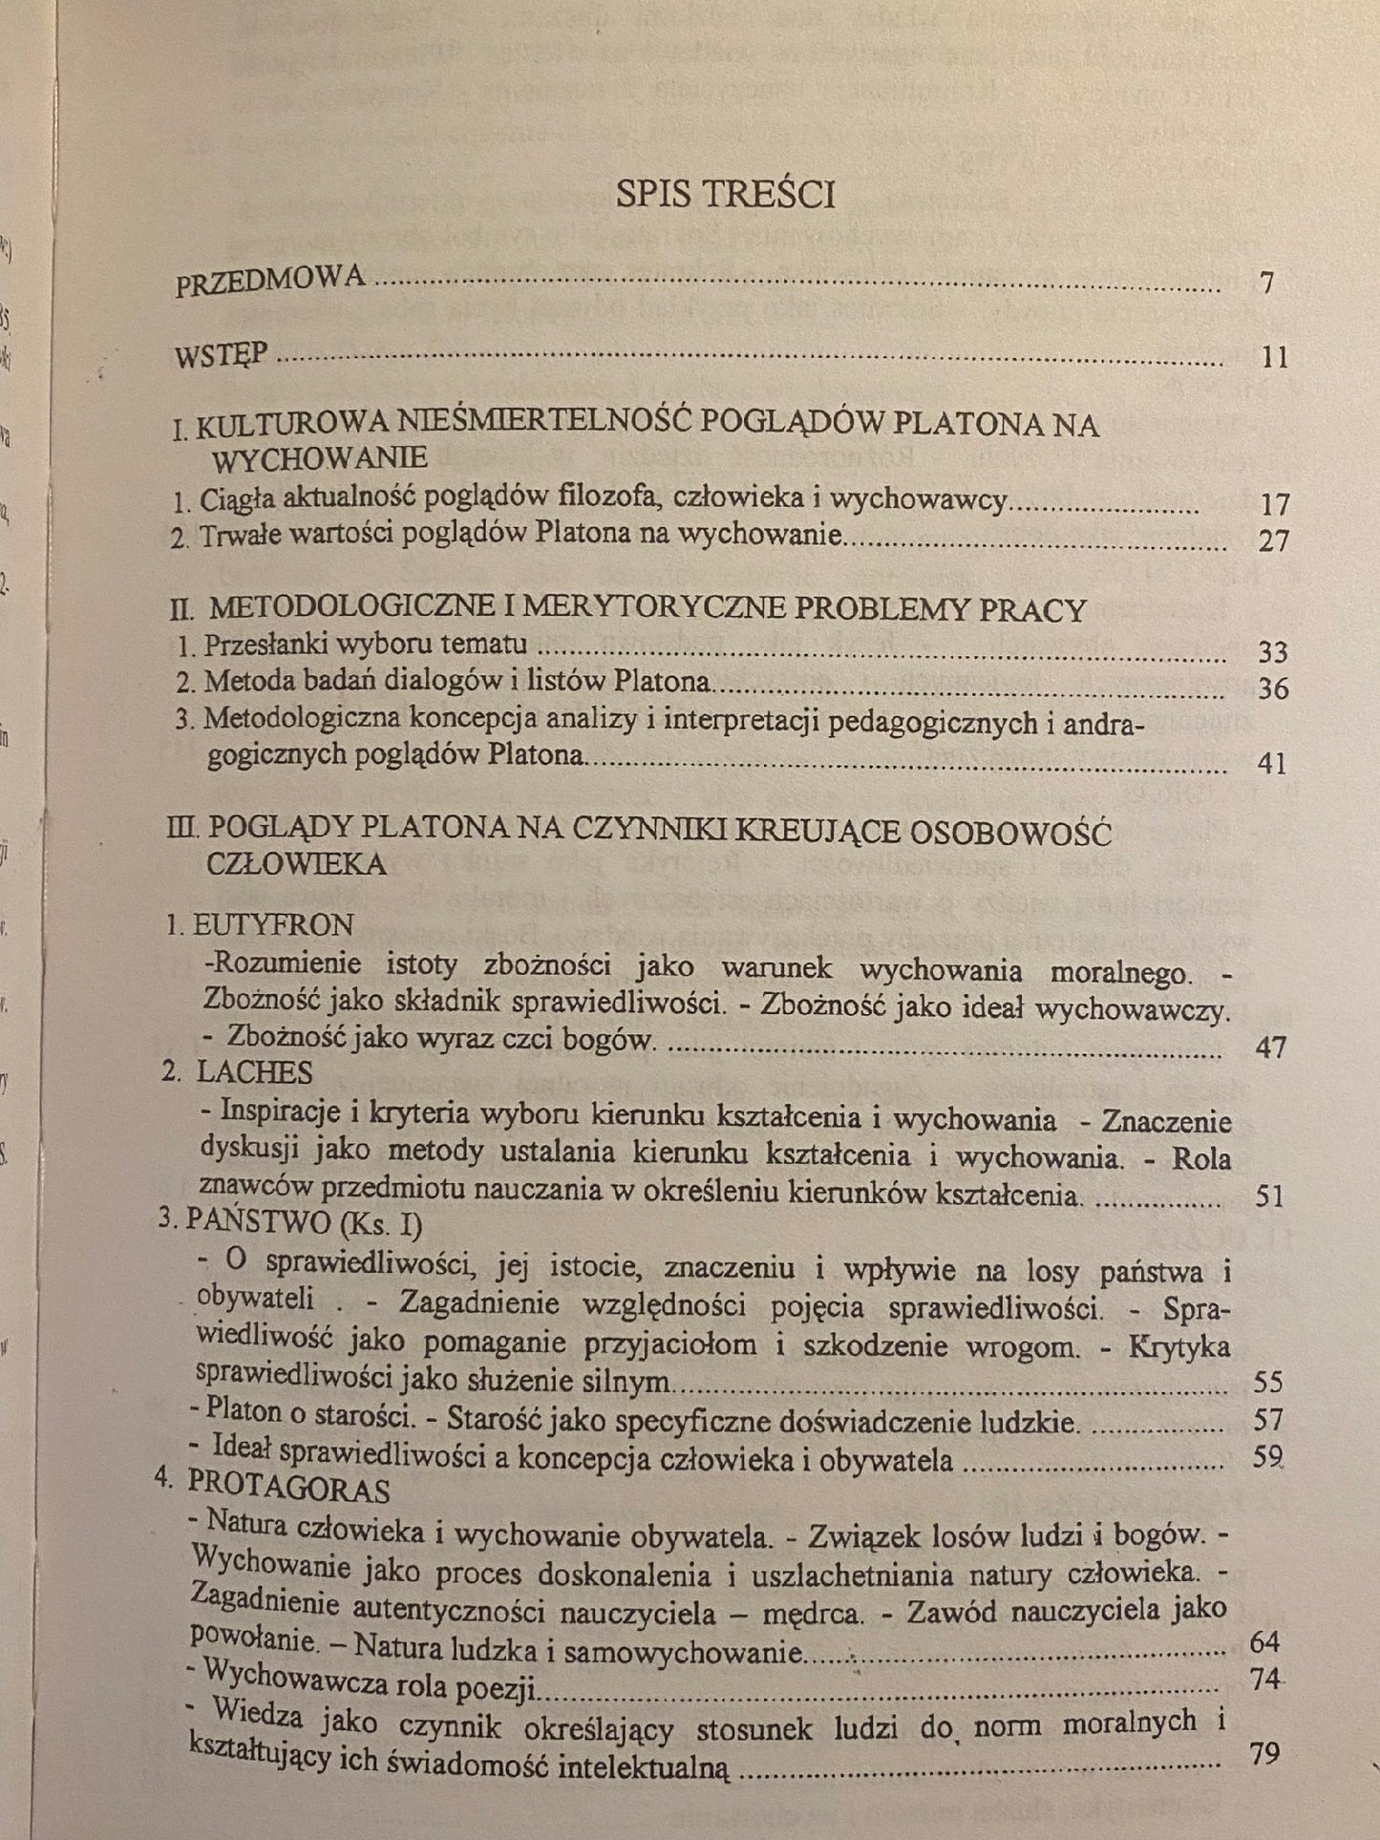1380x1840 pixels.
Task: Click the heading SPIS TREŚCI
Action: tap(725, 194)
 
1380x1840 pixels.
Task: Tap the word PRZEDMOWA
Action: tap(270, 281)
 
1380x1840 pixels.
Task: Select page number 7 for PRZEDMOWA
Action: tap(1267, 283)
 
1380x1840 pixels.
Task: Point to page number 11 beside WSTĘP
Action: tap(1274, 358)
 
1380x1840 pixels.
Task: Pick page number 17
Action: tap(1273, 504)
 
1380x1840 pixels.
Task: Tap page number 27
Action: tap(1273, 540)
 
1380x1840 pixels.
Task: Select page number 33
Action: tap(1273, 652)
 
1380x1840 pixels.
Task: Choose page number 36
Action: tap(1273, 688)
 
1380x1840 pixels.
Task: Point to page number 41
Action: tap(1273, 764)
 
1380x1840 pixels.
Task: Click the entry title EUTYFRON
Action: tap(273, 924)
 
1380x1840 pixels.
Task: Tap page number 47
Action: tap(1270, 1047)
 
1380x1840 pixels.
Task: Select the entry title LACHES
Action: tap(254, 1072)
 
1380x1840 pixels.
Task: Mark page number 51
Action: tap(1270, 1195)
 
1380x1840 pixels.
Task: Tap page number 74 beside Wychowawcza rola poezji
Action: tap(1264, 1678)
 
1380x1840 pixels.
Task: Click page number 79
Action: tap(1263, 1754)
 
